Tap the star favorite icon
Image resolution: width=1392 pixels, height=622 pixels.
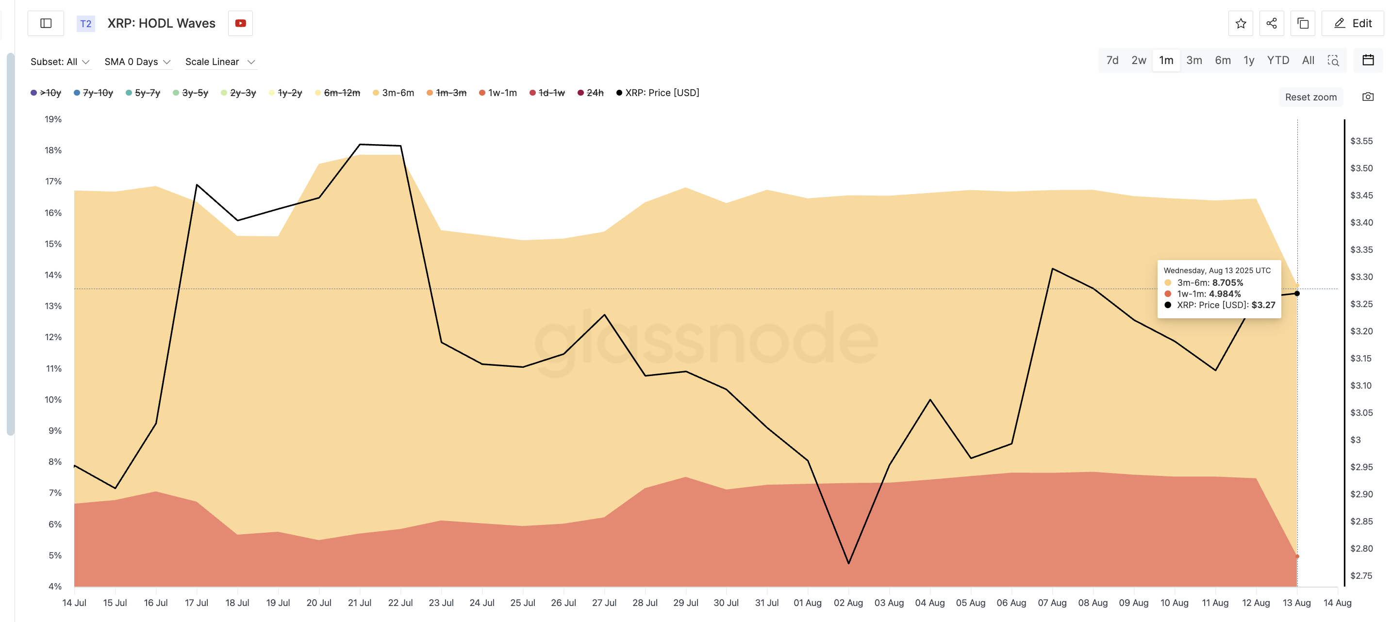(x=1240, y=23)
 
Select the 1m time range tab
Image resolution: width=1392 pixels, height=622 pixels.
(x=1166, y=60)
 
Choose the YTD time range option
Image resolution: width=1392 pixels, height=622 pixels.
(x=1277, y=60)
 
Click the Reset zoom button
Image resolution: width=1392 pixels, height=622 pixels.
(x=1310, y=97)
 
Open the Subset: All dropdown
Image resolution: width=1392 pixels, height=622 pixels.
(x=59, y=62)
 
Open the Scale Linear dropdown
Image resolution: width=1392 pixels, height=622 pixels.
(x=219, y=62)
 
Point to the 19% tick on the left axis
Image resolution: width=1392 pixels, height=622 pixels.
(x=53, y=119)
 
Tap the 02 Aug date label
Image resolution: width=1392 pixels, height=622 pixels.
(x=848, y=603)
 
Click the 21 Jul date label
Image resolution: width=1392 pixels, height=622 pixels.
(x=359, y=603)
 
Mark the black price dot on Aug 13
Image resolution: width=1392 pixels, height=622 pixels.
(x=1297, y=294)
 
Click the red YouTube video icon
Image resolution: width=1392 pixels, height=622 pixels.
(x=240, y=23)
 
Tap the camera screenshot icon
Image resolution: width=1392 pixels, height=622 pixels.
(x=1368, y=97)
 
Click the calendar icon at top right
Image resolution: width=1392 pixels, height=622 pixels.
(x=1368, y=60)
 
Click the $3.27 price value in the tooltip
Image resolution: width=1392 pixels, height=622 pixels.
(x=1263, y=305)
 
